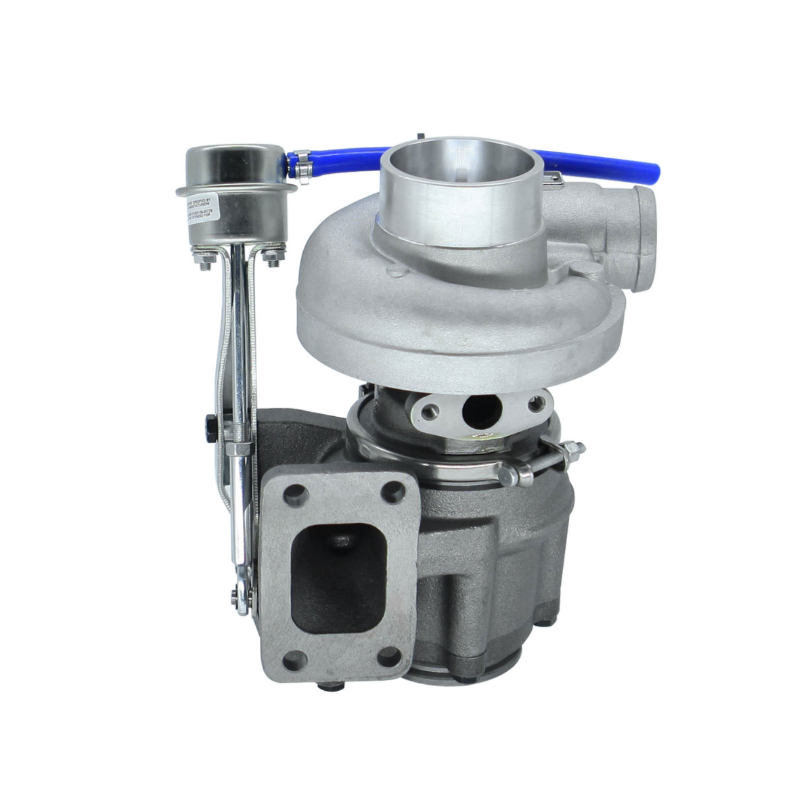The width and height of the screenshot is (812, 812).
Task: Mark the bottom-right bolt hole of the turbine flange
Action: click(x=388, y=655)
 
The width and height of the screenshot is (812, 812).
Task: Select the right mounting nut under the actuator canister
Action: click(x=273, y=259)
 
